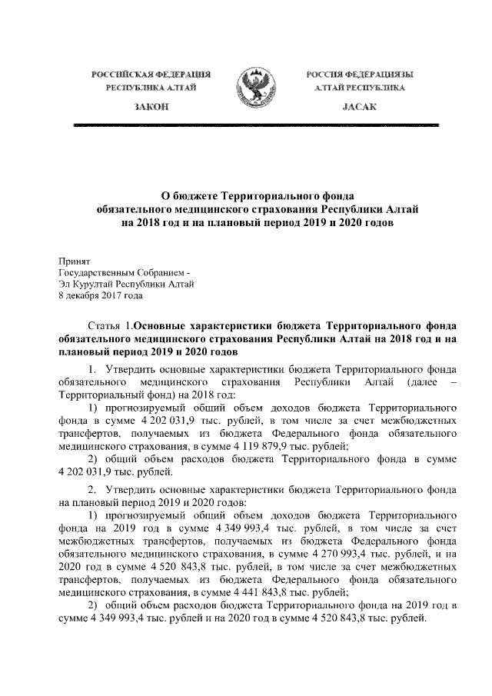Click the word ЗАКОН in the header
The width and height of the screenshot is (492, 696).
151,108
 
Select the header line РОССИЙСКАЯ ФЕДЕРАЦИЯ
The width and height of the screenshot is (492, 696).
151,75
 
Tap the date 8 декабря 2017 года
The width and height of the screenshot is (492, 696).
100,295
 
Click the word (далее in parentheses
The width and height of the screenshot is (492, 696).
416,381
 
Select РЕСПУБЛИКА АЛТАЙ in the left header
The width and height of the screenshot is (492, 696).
151,89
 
